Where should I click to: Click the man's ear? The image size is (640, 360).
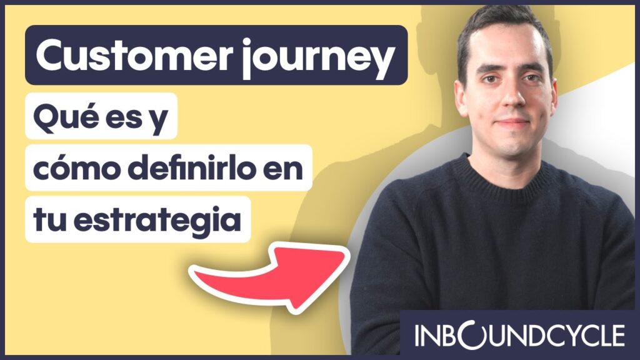pyautogui.click(x=461, y=94)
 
